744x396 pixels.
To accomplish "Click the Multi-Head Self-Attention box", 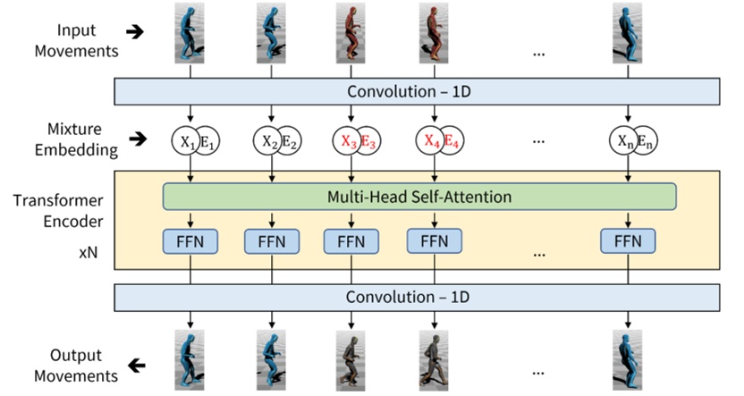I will pos(419,197).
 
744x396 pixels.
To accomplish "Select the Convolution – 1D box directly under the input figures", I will pos(416,91).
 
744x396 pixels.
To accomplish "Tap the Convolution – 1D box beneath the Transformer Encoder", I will pos(416,296).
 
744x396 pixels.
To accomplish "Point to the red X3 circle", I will pos(348,140).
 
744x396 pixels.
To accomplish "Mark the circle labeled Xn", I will pos(623,140).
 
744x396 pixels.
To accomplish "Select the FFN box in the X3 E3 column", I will pos(351,240).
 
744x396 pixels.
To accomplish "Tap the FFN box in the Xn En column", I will pos(628,240).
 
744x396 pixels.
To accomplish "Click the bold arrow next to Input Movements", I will pos(135,31).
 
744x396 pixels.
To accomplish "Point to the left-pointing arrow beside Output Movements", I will pos(135,366).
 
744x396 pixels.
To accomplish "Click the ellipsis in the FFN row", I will pos(539,254).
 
